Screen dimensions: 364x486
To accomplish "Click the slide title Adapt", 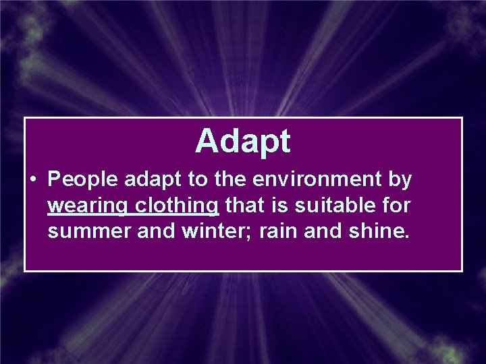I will point(243,142).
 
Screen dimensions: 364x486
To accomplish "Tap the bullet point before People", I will point(32,180).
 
